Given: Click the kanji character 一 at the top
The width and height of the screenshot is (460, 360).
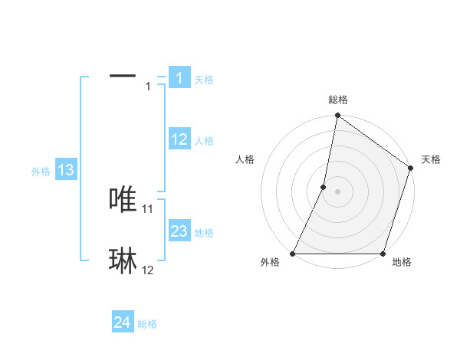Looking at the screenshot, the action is coord(123,76).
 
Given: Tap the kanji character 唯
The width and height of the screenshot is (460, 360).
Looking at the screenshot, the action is coord(123,199).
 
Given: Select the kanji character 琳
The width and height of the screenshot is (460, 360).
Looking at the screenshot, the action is coord(123,261).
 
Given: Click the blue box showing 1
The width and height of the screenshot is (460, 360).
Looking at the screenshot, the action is coord(179,78).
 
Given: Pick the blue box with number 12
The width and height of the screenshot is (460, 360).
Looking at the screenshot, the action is coord(179,139).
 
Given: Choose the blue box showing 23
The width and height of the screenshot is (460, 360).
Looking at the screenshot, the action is coord(179,231).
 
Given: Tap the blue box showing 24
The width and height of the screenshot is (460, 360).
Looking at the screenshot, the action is coord(122,322).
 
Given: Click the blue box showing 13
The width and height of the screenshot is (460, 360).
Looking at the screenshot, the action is coord(66,170).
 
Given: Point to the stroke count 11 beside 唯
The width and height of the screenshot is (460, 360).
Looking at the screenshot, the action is coord(148,208).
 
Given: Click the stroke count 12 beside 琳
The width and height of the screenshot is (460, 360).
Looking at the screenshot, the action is coord(148,270).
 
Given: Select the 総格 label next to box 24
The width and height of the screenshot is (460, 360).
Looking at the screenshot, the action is coord(148,324).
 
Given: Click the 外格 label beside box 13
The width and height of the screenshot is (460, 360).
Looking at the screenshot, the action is coord(41,172).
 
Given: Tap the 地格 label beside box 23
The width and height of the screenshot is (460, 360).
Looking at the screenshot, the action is coord(205,233).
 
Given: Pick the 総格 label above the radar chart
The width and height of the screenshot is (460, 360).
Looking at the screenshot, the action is coord(338,100).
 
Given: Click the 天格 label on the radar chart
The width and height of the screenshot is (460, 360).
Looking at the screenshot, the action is coord(431,159).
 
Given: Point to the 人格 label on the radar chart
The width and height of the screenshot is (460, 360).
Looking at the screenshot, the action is coord(245,159).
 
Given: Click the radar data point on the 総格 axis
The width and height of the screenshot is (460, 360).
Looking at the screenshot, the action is coord(337,116).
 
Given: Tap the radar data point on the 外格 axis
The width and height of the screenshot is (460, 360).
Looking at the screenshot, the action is coord(293,254).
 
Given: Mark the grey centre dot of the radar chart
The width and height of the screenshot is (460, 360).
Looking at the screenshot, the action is coord(337,191).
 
